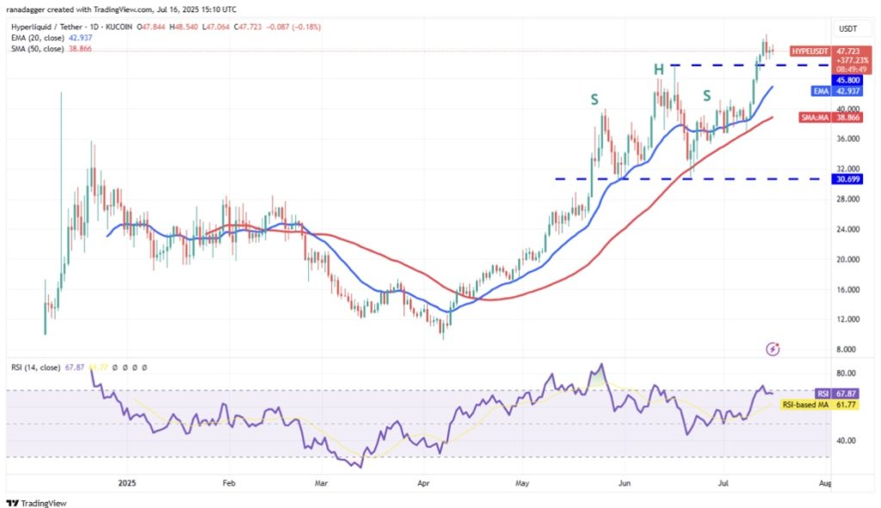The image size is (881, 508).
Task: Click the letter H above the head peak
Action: (x=658, y=69)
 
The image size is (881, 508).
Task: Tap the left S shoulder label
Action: (x=595, y=100)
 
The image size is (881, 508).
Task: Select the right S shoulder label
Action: (x=707, y=95)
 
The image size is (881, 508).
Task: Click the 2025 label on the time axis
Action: (x=126, y=484)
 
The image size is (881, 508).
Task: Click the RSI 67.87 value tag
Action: (x=817, y=391)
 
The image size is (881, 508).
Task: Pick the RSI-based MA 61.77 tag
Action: (x=817, y=403)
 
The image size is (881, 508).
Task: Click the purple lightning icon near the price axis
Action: (x=773, y=349)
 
